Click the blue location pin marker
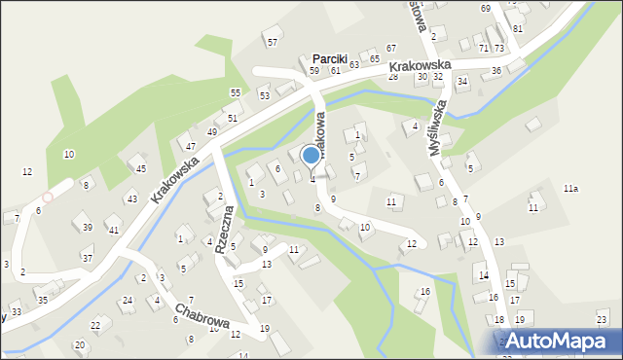click(x=311, y=156)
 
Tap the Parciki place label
click(x=329, y=58)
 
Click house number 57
click(x=273, y=42)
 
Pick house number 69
click(x=485, y=9)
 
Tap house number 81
click(x=518, y=28)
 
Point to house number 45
click(x=141, y=168)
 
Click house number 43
click(x=131, y=198)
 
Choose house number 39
click(x=88, y=227)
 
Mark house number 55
click(x=236, y=91)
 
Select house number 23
click(x=602, y=319)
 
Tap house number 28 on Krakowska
click(x=393, y=76)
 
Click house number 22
click(x=95, y=324)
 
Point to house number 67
click(x=390, y=48)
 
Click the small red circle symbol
click(x=47, y=197)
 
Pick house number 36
click(x=495, y=70)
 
